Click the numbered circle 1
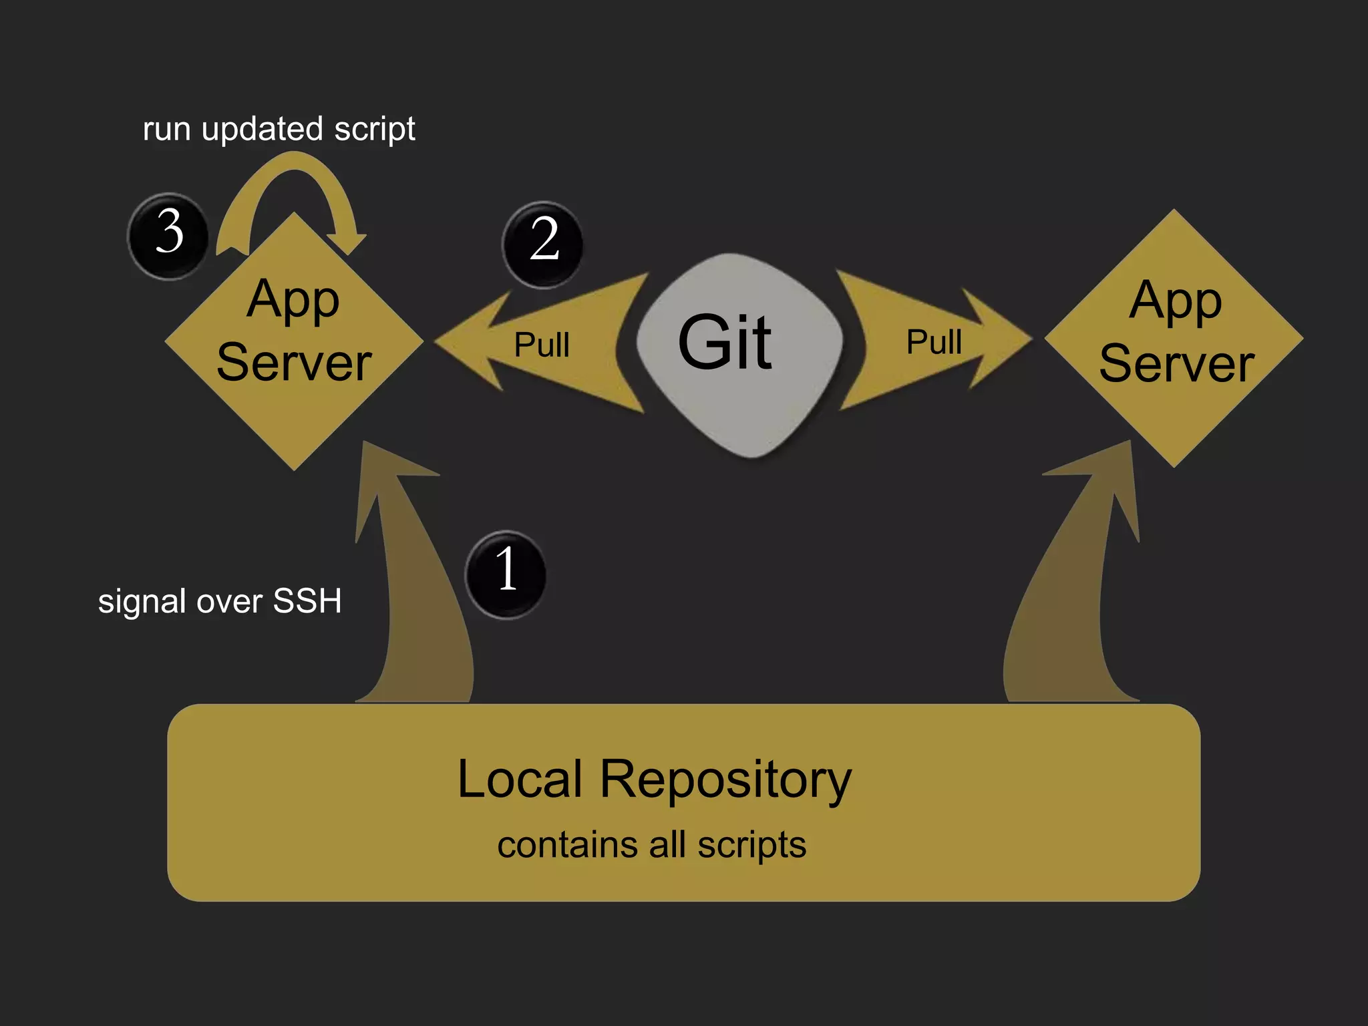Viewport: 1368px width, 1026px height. (506, 573)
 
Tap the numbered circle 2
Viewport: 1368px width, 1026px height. (543, 243)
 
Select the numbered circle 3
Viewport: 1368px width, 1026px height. (168, 234)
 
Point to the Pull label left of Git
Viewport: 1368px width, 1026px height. (542, 345)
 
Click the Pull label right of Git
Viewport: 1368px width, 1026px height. (934, 343)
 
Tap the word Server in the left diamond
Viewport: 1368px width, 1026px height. (294, 363)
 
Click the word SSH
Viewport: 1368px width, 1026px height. (307, 601)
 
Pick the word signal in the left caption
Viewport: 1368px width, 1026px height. (142, 602)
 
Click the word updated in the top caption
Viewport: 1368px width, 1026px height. (262, 129)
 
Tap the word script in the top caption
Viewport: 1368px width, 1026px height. (375, 129)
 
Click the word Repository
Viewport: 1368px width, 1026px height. (725, 779)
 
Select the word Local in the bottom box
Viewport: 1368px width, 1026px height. (520, 779)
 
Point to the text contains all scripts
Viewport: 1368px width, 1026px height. (651, 845)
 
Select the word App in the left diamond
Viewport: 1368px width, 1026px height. (293, 299)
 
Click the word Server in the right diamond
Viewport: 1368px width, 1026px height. (1176, 365)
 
